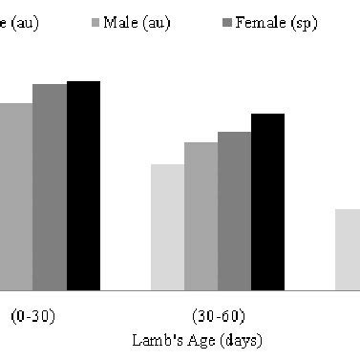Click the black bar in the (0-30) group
click(83, 185)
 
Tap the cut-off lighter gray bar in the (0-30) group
click(16, 196)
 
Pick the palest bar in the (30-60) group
click(167, 226)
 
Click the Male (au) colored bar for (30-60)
click(201, 216)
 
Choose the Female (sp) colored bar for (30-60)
click(234, 210)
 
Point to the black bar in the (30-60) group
click(267, 201)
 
